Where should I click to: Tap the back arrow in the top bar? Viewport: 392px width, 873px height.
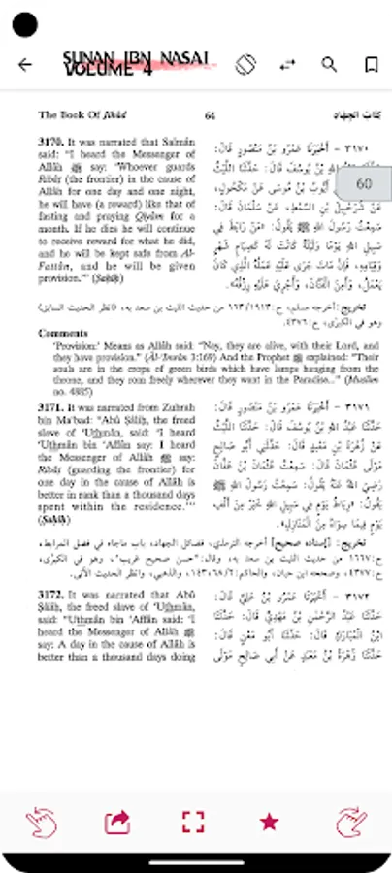tap(25, 65)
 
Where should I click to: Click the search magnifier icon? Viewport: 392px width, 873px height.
tap(329, 65)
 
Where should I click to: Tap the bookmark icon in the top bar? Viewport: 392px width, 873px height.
tap(371, 65)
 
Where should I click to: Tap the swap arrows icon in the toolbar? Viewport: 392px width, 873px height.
tap(287, 65)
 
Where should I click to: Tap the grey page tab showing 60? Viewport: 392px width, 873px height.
tap(365, 183)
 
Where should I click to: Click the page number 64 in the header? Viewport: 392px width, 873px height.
tap(209, 115)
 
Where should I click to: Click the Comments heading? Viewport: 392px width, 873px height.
tap(63, 333)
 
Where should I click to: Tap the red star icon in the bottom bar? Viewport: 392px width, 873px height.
tap(269, 821)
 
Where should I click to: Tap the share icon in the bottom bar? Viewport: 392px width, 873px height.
tap(116, 822)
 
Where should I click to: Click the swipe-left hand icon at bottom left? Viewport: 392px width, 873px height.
tap(40, 822)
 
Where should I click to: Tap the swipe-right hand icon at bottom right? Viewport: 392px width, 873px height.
tap(351, 822)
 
